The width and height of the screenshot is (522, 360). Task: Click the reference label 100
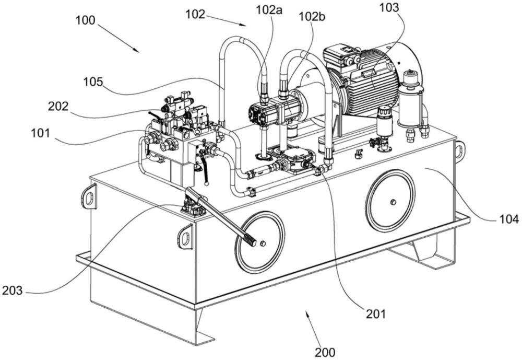pos(85,21)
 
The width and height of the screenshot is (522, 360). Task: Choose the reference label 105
pos(93,82)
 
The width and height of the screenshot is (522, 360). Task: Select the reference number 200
pos(324,352)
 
